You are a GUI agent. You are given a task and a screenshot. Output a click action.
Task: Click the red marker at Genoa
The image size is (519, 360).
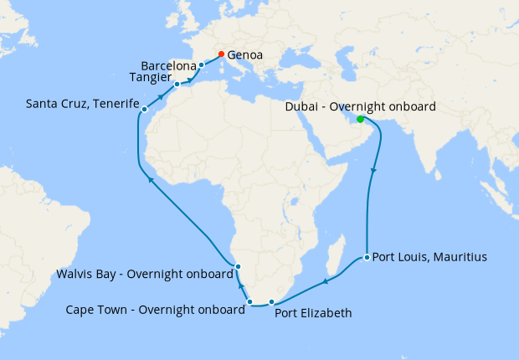click(x=221, y=54)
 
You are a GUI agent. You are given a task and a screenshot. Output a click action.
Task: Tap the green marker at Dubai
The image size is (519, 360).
click(x=361, y=119)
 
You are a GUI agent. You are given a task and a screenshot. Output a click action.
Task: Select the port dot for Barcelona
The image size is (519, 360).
click(x=202, y=64)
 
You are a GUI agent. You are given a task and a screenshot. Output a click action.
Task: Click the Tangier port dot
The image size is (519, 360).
click(x=177, y=85)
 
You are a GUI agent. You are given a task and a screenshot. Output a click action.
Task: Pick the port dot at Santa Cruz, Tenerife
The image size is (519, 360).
click(x=144, y=109)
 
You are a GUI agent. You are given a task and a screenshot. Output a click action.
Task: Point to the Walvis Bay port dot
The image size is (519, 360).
click(x=238, y=267)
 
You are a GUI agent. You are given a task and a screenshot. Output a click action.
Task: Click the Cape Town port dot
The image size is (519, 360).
click(x=250, y=301)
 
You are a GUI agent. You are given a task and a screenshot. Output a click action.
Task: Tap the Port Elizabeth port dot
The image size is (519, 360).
click(x=271, y=301)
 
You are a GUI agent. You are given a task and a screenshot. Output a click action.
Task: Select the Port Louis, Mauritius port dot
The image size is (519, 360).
click(x=367, y=257)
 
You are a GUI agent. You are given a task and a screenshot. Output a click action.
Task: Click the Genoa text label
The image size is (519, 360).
click(x=245, y=55)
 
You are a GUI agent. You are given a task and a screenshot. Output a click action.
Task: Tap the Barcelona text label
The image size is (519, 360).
click(x=168, y=64)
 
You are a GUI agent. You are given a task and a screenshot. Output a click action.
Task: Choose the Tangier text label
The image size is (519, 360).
click(x=151, y=77)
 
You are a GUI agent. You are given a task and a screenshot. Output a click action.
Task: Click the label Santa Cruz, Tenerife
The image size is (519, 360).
click(x=82, y=105)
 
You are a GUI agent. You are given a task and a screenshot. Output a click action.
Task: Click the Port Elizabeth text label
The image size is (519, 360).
click(x=313, y=313)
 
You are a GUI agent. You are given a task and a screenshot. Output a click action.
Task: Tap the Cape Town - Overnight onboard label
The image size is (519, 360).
click(x=155, y=309)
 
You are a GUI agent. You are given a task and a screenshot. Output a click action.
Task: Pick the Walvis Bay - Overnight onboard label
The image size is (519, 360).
click(x=144, y=274)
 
